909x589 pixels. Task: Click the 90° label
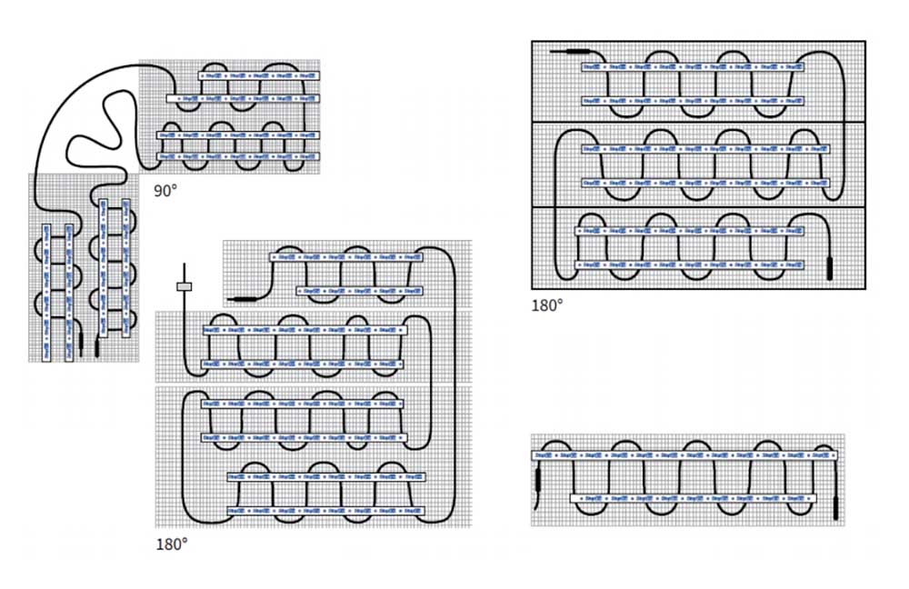(x=165, y=190)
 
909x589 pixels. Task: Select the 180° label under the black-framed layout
(x=547, y=305)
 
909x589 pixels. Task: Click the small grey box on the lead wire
(x=185, y=287)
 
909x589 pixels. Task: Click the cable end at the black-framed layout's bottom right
(x=829, y=265)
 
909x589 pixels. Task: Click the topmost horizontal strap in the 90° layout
(x=259, y=74)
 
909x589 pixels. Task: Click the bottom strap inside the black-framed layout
(x=690, y=265)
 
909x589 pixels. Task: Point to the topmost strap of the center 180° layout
(x=346, y=257)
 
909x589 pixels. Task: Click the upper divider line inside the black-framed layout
(x=698, y=122)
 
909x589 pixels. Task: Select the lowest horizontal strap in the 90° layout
(x=238, y=156)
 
